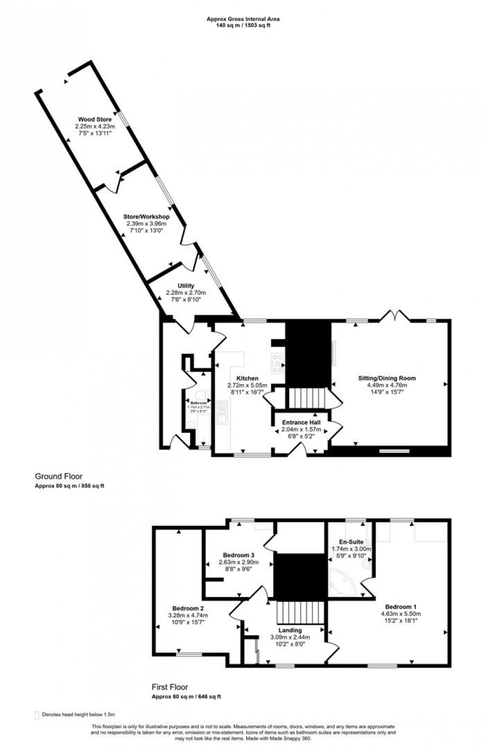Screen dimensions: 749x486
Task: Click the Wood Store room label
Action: tap(95, 120)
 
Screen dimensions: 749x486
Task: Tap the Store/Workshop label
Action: tap(146, 217)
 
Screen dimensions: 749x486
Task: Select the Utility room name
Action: tap(186, 286)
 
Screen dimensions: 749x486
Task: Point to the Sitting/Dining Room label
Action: tap(387, 378)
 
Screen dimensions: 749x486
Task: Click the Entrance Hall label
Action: tap(301, 422)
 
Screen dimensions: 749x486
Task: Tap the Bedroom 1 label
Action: tap(401, 607)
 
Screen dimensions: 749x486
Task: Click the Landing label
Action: tap(290, 630)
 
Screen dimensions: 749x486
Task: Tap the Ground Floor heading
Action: tap(59, 476)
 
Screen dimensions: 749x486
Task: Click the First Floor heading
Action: tap(170, 687)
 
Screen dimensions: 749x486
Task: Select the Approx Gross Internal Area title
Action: tap(243, 19)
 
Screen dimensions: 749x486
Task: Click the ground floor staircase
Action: tap(306, 397)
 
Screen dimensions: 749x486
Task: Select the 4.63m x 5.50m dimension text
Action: tap(401, 614)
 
